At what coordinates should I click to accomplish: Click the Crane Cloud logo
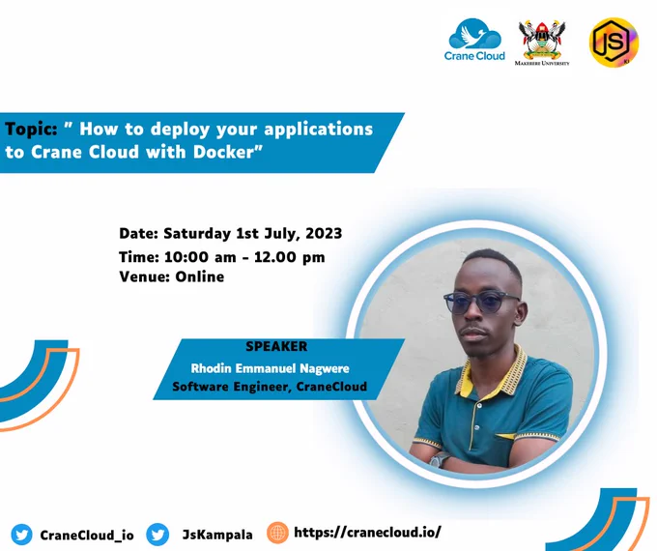[474, 40]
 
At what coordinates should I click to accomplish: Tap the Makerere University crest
[542, 43]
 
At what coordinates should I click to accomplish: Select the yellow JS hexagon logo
[614, 42]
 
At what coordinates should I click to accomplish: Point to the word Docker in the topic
[224, 152]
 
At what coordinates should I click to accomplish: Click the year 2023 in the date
[324, 233]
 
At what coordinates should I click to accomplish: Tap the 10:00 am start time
[200, 256]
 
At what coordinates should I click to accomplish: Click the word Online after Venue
[199, 276]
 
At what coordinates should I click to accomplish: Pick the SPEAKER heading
[276, 346]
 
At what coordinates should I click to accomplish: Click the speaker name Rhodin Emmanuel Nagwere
[270, 368]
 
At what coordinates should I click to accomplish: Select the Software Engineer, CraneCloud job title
[270, 387]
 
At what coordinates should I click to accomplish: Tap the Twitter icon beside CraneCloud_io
[21, 535]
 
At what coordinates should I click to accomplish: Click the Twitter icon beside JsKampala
[157, 535]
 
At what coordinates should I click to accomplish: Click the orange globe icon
[277, 533]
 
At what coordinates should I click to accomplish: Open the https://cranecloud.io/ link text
[367, 532]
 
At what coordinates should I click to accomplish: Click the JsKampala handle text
[217, 535]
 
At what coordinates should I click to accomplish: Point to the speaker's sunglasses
[481, 301]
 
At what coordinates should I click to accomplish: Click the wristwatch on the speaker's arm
[439, 460]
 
